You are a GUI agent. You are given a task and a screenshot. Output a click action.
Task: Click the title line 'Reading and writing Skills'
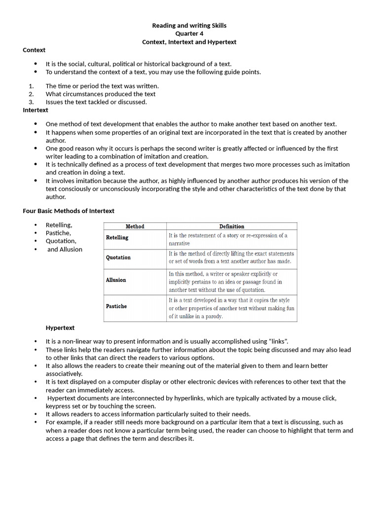189,25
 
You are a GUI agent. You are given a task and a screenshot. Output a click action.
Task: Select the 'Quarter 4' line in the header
189,34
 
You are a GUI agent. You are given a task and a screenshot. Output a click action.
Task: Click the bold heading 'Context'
34,50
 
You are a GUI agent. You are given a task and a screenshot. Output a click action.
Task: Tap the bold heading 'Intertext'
36,110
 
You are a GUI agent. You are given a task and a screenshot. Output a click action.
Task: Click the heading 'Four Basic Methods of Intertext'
69,211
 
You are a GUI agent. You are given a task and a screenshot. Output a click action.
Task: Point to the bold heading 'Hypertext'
60,327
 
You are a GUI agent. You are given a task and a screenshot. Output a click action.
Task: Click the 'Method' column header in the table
135,226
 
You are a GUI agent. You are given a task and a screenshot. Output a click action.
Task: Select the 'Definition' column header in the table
231,226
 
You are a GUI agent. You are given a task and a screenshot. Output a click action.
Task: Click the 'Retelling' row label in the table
117,238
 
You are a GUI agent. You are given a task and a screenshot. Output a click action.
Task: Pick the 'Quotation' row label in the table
118,257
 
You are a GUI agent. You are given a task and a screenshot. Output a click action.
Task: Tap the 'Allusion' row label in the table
115,280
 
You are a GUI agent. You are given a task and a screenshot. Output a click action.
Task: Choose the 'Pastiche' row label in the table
116,306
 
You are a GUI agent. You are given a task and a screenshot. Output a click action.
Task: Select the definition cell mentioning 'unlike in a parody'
231,308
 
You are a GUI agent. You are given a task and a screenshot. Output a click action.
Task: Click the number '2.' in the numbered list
31,94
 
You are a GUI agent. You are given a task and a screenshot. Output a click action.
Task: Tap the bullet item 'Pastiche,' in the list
58,233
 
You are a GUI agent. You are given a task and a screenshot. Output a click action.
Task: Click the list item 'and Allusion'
65,249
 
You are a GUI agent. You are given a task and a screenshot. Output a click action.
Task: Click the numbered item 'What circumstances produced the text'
101,94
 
